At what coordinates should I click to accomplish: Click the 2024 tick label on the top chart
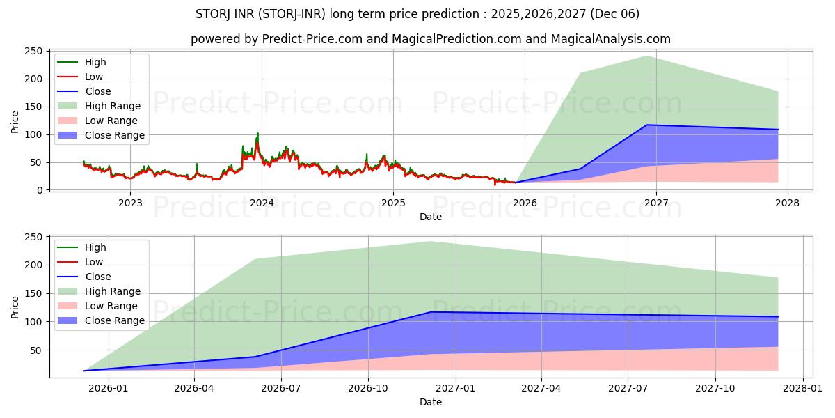(x=262, y=203)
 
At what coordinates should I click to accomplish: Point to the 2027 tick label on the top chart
(x=656, y=203)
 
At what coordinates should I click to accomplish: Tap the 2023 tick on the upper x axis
(x=130, y=203)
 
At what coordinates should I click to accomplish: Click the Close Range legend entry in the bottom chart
(x=114, y=320)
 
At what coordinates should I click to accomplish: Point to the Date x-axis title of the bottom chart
(x=430, y=402)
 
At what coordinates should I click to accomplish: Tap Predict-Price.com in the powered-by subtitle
(x=312, y=39)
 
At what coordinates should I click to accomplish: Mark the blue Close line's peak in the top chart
(x=647, y=125)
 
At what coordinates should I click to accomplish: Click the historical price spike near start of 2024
(x=257, y=133)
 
